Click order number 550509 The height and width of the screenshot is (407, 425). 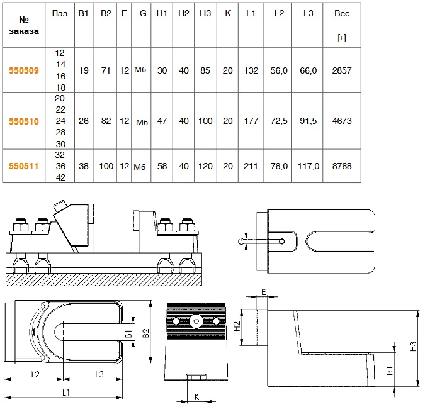click(24, 71)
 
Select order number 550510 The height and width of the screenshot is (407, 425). click(24, 120)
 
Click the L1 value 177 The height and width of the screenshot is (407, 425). click(251, 120)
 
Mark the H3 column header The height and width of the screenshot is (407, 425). click(205, 13)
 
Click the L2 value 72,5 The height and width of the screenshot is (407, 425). click(280, 120)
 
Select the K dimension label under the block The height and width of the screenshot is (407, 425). click(196, 397)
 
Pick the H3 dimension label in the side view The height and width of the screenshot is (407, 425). click(413, 346)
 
